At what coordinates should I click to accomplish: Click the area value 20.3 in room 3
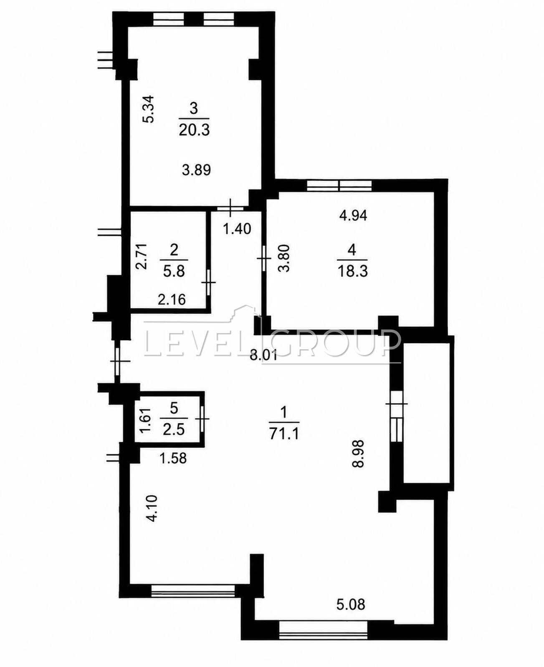(194, 129)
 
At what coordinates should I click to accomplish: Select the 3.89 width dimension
(196, 171)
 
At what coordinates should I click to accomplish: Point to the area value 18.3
(352, 271)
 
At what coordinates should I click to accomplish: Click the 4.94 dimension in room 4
(353, 216)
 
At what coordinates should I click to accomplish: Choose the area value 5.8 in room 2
(174, 271)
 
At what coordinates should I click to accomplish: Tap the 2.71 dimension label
(141, 257)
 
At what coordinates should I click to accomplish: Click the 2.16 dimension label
(172, 300)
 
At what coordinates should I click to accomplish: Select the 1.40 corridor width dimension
(237, 229)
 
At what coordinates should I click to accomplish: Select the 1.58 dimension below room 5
(173, 458)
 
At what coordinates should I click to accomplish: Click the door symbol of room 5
(202, 419)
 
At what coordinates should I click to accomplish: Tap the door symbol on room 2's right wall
(208, 282)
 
